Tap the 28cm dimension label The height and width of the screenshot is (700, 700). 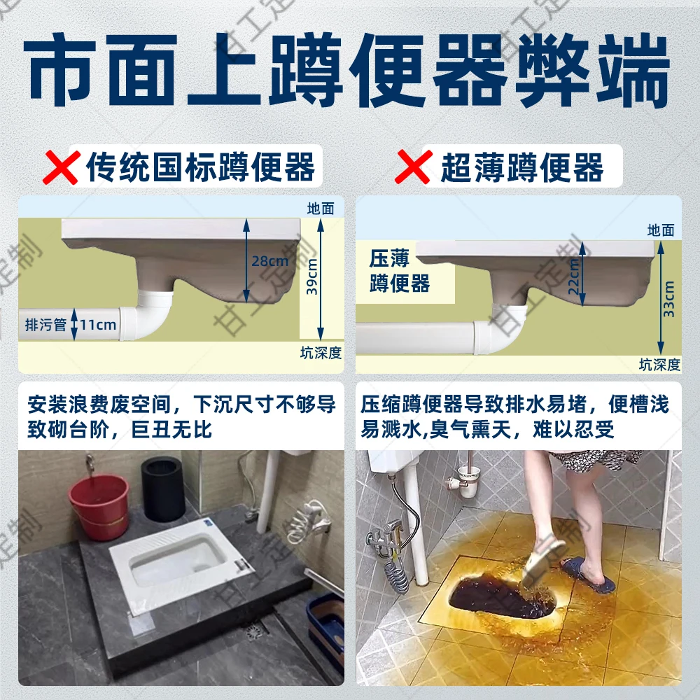coord(270,260)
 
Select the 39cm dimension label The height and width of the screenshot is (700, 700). coord(312,276)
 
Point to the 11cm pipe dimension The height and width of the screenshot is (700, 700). coord(97,325)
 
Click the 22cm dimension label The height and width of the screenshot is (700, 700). coord(574,276)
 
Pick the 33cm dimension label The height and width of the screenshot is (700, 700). coord(670,299)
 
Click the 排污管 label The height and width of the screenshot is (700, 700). coord(45,325)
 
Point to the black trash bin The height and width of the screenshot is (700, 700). coord(162,489)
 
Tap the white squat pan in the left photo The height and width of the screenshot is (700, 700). coord(179,568)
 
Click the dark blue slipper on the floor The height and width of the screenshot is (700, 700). coord(588,575)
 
